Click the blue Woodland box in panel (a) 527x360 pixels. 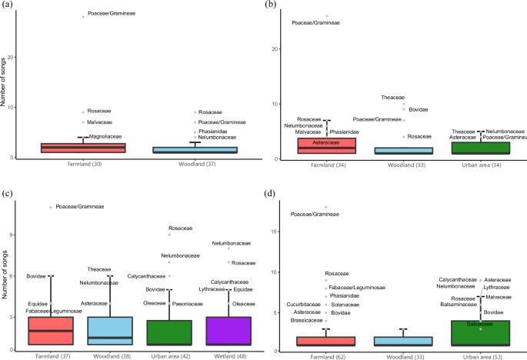[195, 149]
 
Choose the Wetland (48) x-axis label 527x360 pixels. [228, 354]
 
